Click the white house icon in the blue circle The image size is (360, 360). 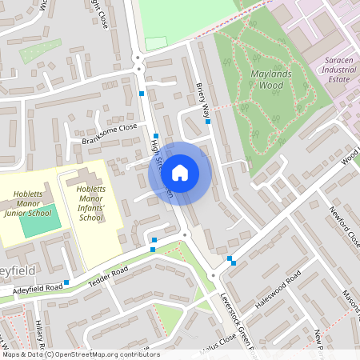[x=180, y=172]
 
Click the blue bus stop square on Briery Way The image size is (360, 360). [x=208, y=122]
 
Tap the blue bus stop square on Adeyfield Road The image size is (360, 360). [x=66, y=282]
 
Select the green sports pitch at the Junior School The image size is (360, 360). [x=35, y=221]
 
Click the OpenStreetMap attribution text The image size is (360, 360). [x=80, y=354]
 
